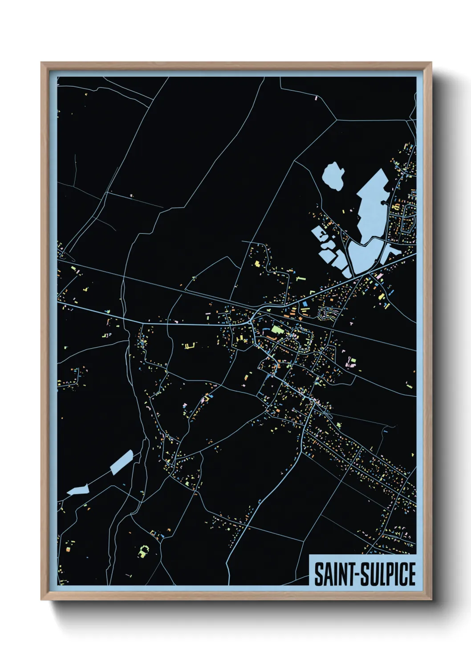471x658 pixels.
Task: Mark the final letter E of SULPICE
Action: coord(411,574)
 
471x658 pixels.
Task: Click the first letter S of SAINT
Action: coord(319,574)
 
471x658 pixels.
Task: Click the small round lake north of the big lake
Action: coord(333,176)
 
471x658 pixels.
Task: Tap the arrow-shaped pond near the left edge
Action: coord(78,490)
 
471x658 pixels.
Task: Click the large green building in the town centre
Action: coord(276,330)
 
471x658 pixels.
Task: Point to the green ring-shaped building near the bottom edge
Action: coord(143,552)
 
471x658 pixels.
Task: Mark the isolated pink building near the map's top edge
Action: coord(316,97)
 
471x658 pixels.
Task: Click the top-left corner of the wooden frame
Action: coord(41,63)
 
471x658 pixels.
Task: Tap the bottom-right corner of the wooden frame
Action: coord(431,600)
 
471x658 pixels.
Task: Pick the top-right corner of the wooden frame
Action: coord(431,63)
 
